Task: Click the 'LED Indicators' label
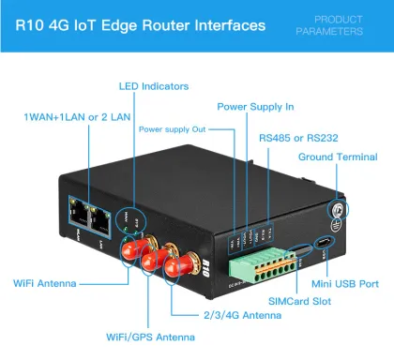pos(153,86)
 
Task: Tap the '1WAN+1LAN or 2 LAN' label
pos(78,118)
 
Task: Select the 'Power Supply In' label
pos(254,107)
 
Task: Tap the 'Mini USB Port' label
pos(344,281)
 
